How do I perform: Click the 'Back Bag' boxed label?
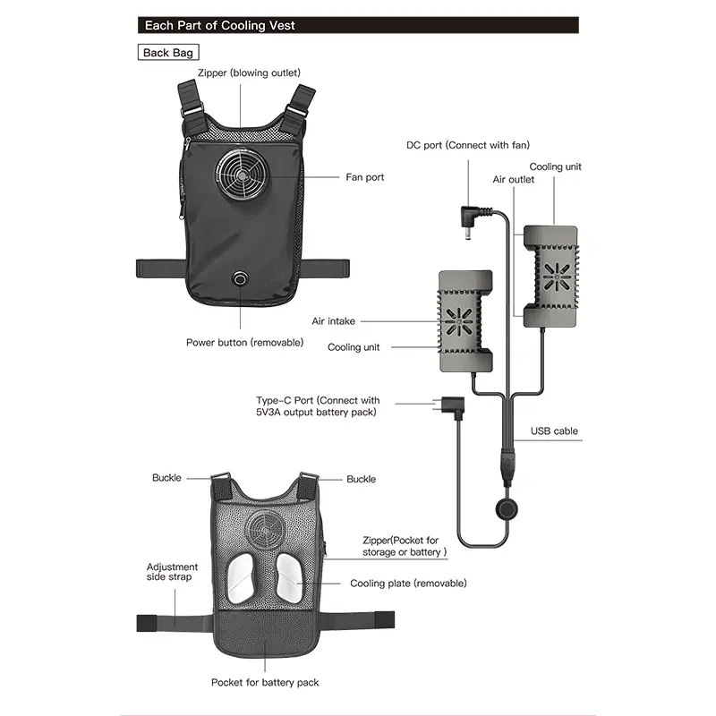point(168,53)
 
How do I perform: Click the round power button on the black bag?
point(240,277)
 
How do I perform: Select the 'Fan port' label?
point(365,176)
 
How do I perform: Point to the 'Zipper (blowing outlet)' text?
point(249,72)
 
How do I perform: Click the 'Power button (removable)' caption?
point(244,343)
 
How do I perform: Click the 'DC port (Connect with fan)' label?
point(468,145)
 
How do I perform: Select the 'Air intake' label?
point(333,321)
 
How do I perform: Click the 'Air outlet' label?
point(513,180)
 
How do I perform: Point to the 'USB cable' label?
point(554,431)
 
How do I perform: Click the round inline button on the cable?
point(507,509)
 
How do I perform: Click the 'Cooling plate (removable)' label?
point(408,584)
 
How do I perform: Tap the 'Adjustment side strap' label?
point(172,572)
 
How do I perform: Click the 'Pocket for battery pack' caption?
point(265,682)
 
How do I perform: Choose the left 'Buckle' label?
point(166,478)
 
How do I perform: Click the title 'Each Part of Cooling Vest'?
point(220,26)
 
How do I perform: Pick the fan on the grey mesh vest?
point(265,531)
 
